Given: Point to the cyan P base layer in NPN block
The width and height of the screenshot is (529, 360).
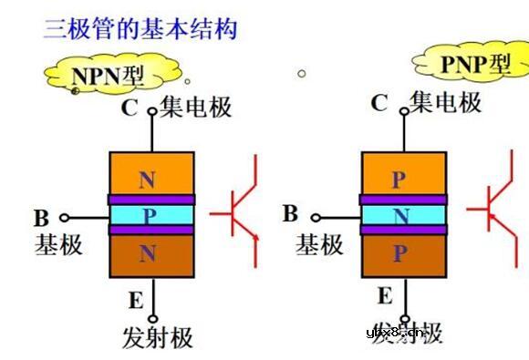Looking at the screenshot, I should click(150, 215).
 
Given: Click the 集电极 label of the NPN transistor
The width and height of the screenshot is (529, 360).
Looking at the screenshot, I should click(196, 108).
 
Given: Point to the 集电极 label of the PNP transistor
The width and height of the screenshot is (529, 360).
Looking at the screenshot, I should click(446, 102).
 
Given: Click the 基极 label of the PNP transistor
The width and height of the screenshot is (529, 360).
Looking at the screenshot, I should click(319, 243).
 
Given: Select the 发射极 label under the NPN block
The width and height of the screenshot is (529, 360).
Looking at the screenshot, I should click(158, 337).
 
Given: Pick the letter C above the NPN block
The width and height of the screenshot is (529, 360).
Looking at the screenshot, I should click(130, 108).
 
